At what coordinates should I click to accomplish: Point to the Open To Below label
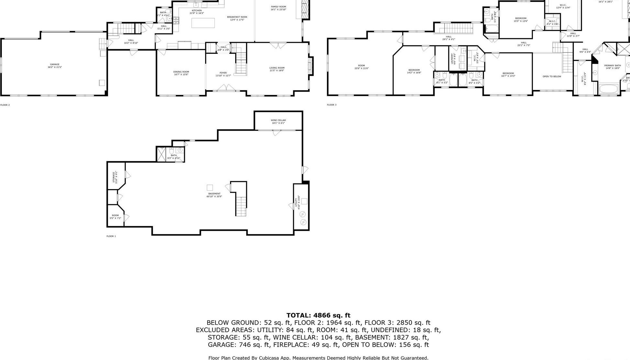point(552,76)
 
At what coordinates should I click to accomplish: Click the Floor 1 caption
point(111,236)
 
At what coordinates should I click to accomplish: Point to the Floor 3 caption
point(332,105)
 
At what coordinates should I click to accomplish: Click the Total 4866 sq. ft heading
point(318,315)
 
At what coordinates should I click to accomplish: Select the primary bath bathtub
point(608,89)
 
